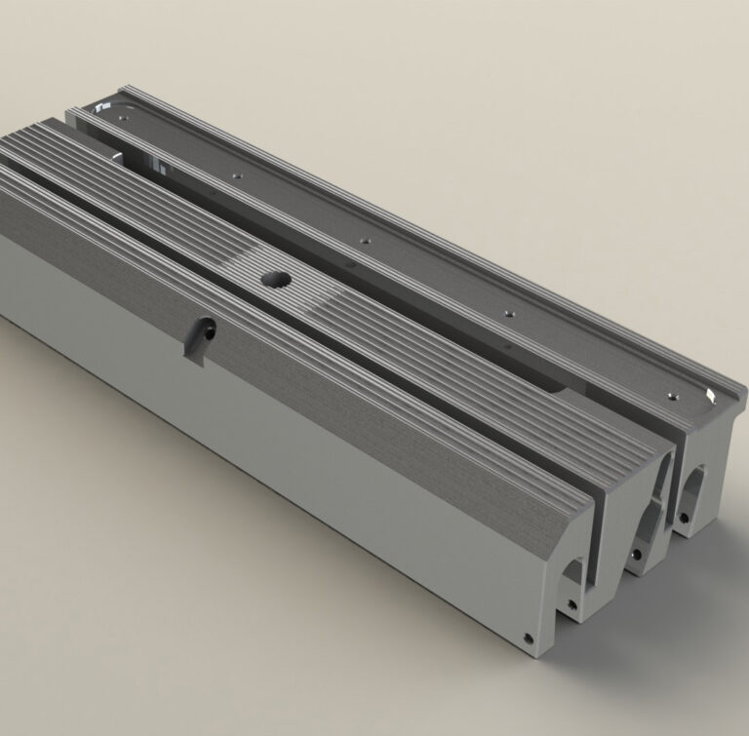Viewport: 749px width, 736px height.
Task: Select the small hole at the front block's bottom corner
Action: (x=529, y=639)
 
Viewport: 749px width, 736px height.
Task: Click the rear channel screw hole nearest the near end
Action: (x=671, y=395)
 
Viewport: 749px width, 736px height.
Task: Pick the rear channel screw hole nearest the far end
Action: (x=235, y=174)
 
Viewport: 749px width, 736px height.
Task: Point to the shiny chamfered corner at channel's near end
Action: (x=709, y=395)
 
